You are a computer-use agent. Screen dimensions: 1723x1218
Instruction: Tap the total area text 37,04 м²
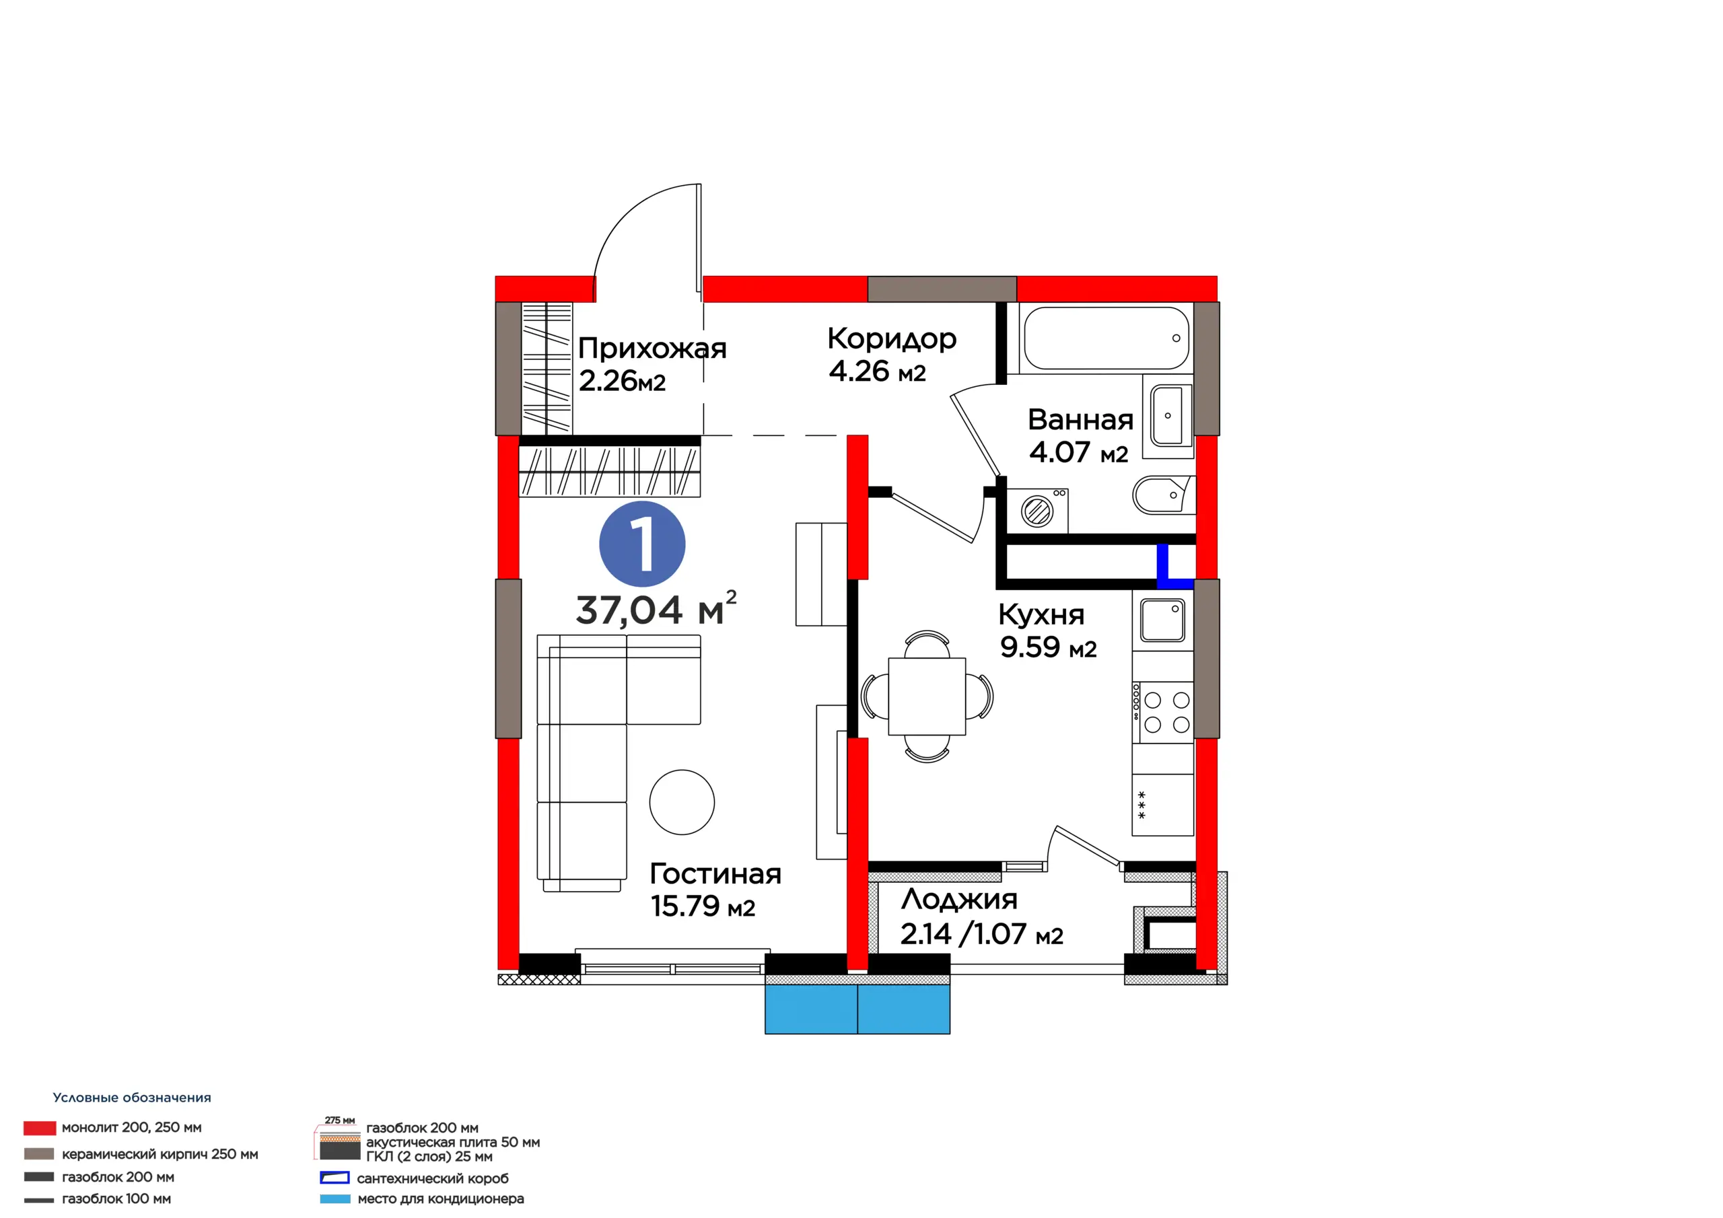click(x=656, y=608)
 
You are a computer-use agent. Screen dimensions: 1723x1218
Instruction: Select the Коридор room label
click(x=892, y=339)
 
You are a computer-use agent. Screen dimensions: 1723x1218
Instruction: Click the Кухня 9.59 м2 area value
click(x=1049, y=647)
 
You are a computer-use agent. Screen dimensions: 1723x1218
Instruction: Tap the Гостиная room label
click(x=715, y=873)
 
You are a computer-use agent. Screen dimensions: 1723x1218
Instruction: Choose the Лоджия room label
click(x=959, y=899)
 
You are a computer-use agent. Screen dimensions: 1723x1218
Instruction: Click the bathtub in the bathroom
click(x=1106, y=338)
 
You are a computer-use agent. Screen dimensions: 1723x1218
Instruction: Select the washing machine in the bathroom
click(x=1037, y=511)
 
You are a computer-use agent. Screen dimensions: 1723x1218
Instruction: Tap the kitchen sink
click(x=1162, y=620)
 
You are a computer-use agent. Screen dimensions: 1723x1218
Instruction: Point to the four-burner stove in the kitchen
click(x=1162, y=712)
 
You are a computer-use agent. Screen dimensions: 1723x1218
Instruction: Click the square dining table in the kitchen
click(x=927, y=696)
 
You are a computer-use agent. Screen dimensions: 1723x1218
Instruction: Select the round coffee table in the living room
click(x=682, y=802)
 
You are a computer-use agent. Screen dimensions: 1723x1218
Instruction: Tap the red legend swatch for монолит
click(x=40, y=1128)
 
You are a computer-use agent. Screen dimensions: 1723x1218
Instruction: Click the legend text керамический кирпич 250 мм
click(x=160, y=1154)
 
